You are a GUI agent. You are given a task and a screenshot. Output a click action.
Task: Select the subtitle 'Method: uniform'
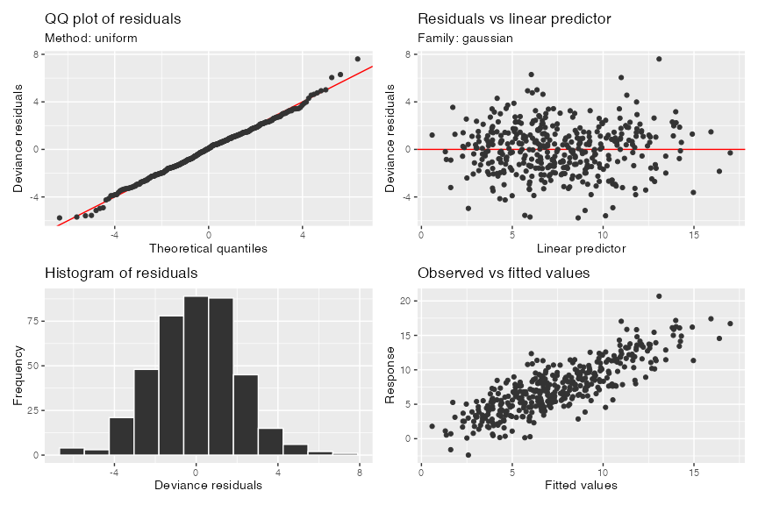tap(90, 39)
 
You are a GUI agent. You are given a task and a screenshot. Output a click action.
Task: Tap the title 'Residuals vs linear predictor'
tap(514, 18)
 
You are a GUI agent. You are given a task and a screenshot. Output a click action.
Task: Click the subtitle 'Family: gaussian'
tap(465, 39)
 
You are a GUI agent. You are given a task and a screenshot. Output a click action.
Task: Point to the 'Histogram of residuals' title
tap(121, 274)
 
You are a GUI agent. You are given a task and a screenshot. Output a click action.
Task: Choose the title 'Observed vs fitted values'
tap(504, 274)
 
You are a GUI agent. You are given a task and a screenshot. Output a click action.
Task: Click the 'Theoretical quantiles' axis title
tap(208, 248)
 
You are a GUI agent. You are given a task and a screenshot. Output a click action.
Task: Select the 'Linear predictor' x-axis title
tap(581, 248)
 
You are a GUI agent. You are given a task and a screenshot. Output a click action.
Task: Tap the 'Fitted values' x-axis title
tap(581, 485)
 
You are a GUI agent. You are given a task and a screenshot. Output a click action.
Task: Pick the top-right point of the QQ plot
tap(357, 59)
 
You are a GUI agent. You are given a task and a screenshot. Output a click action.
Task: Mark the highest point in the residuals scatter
tap(659, 59)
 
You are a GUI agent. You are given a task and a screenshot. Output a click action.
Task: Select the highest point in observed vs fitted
tap(659, 295)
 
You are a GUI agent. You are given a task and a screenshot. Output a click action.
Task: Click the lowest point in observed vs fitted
tap(468, 455)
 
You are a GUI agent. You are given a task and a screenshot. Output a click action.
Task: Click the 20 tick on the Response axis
tap(406, 301)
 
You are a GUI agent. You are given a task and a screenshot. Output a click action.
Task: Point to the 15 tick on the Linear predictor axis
tap(693, 234)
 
